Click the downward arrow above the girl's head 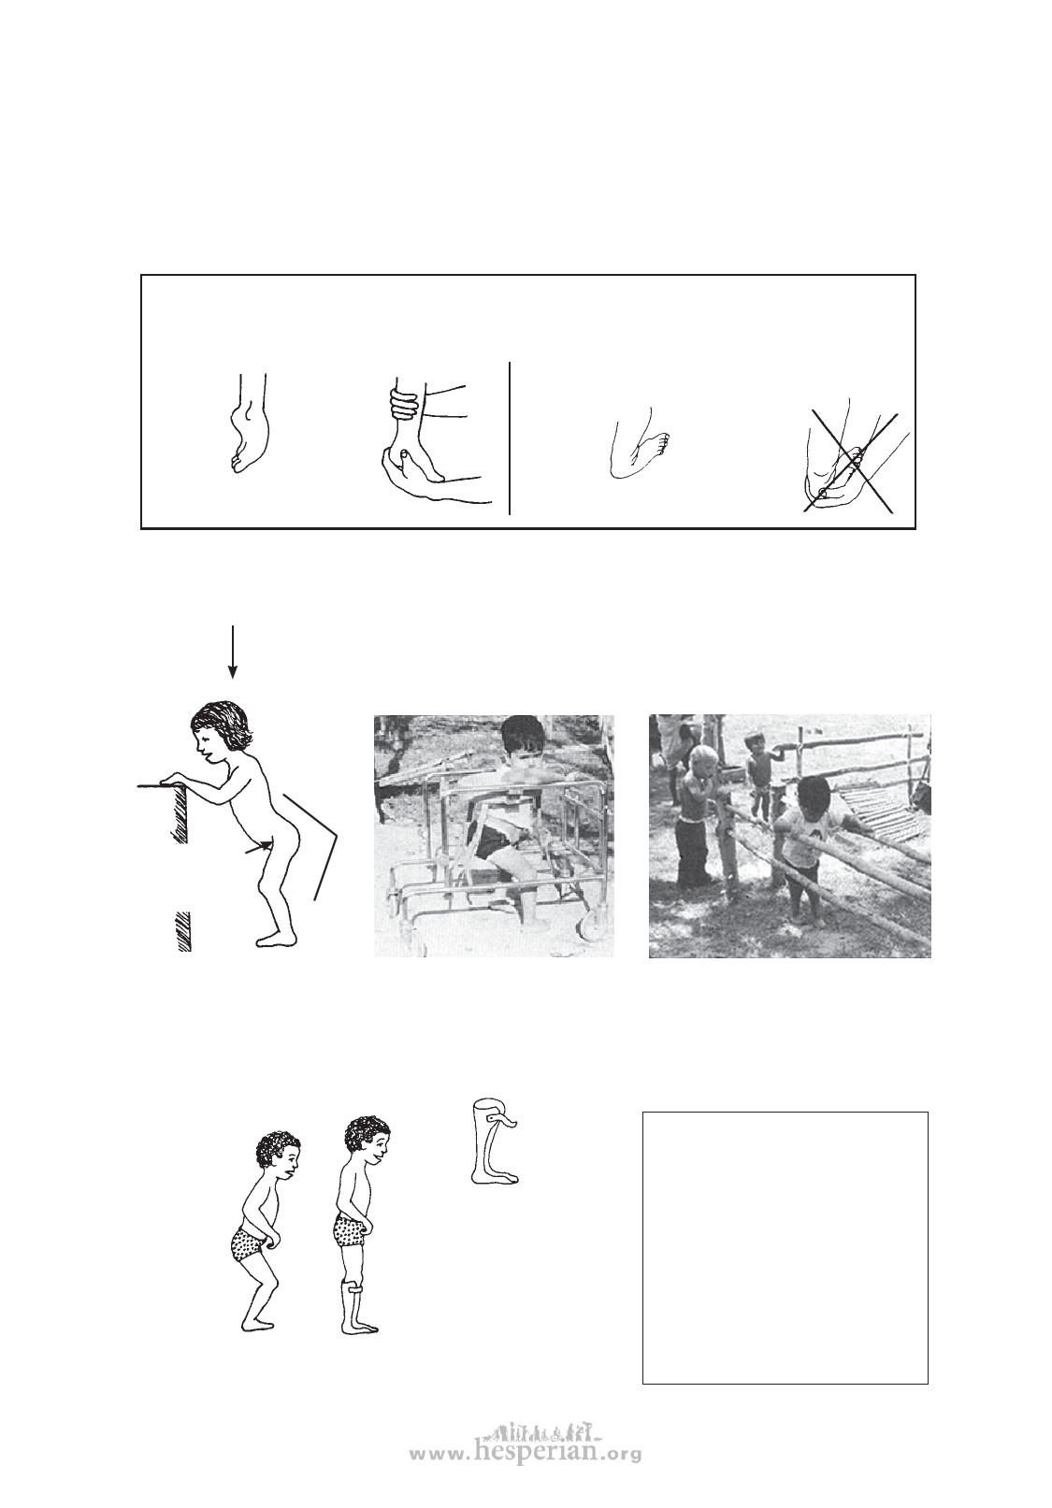[x=232, y=651]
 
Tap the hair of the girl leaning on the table [x=221, y=725]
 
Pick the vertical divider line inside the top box [x=510, y=438]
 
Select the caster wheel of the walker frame [x=593, y=928]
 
